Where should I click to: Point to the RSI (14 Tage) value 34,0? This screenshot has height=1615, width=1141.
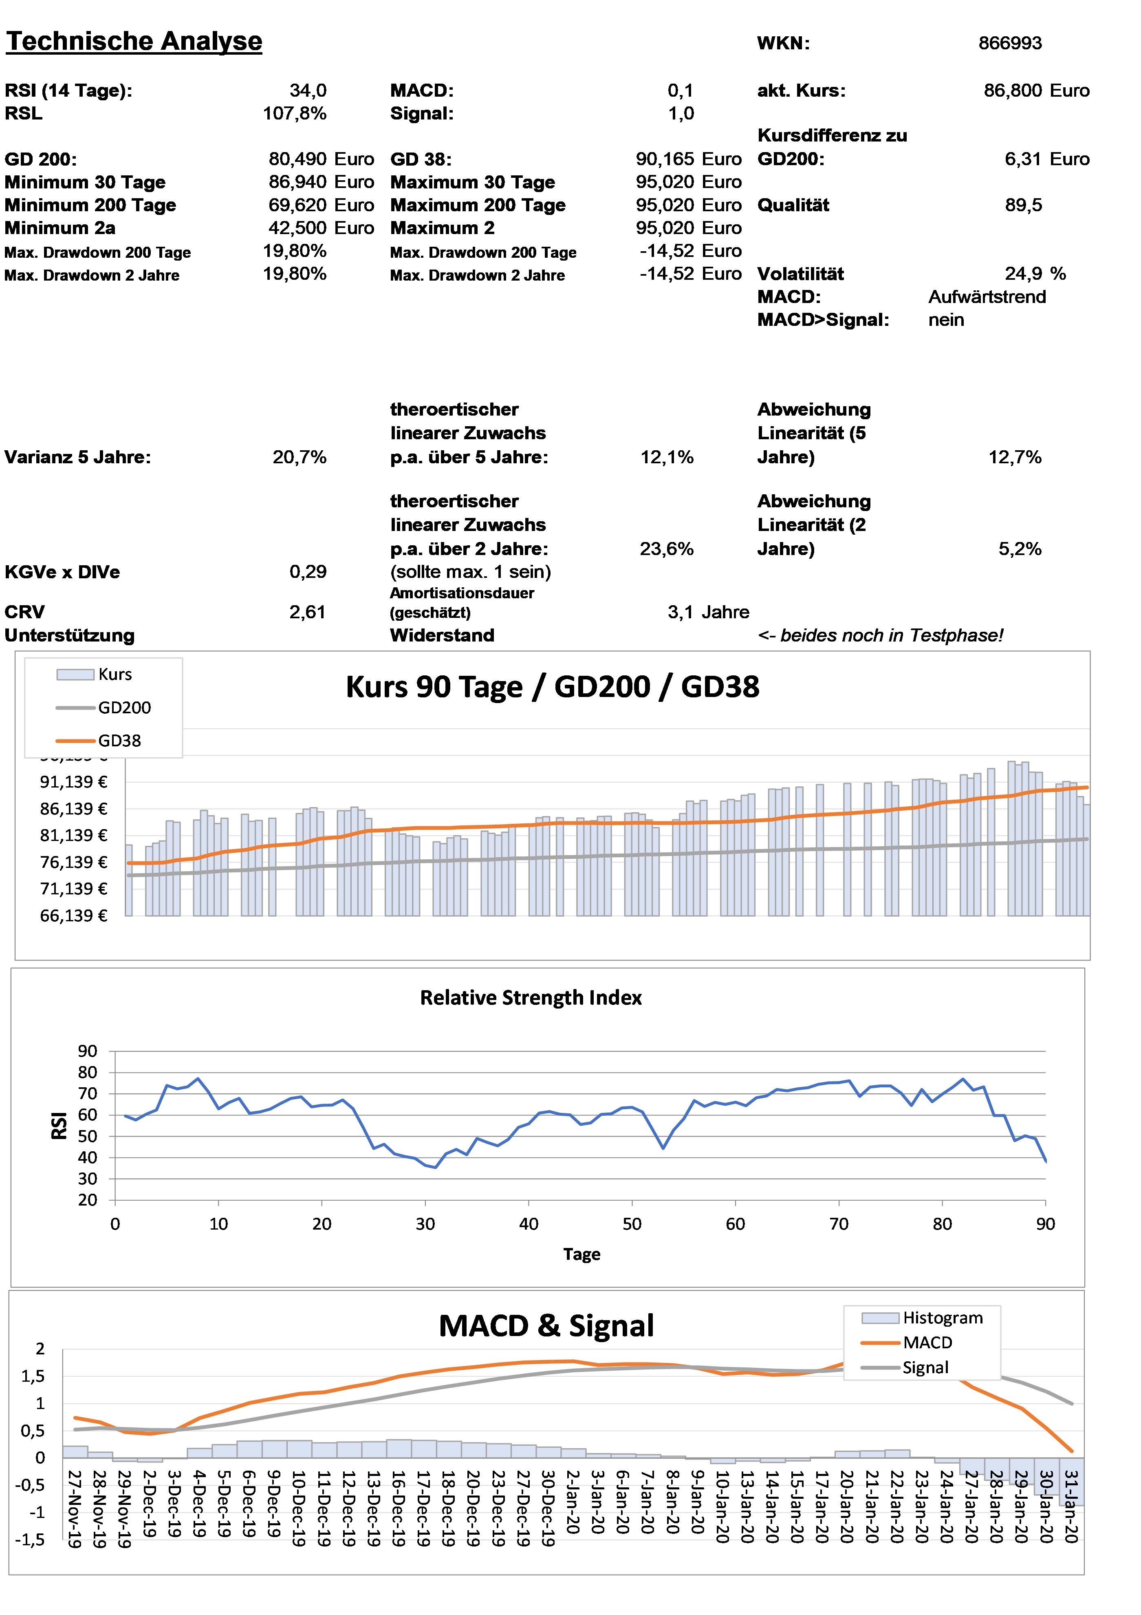(x=308, y=91)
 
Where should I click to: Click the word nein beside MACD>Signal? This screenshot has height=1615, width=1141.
(x=945, y=321)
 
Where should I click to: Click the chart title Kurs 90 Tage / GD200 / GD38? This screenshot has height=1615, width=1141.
(x=553, y=687)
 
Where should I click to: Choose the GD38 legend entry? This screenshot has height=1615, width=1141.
(x=119, y=741)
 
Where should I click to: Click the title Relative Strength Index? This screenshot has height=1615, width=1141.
(x=531, y=998)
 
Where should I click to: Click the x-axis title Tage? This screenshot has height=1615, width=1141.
(x=582, y=1254)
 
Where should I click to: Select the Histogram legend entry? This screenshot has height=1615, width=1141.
(x=942, y=1317)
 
